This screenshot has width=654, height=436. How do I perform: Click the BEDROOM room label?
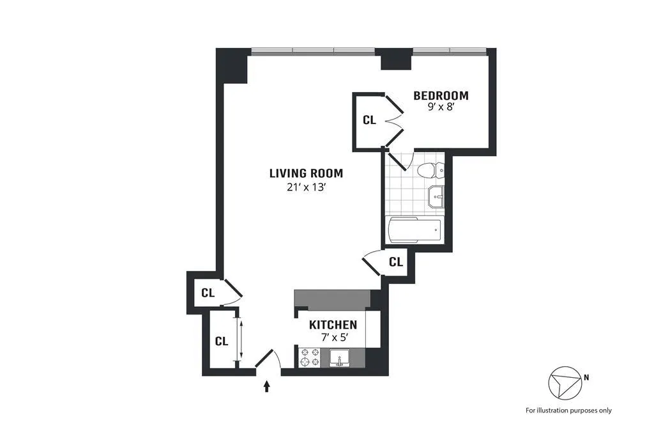[x=441, y=96]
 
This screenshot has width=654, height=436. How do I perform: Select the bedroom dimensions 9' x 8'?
[x=441, y=108]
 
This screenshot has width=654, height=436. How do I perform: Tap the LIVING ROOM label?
[x=306, y=173]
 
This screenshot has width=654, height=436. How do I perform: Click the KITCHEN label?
[x=333, y=325]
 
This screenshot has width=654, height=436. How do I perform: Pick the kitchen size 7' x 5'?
[x=333, y=337]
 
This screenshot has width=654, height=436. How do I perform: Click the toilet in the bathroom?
[x=434, y=171]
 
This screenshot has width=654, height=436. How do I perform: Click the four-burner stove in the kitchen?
[x=310, y=357]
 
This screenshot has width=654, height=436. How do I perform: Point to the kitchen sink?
[x=339, y=358]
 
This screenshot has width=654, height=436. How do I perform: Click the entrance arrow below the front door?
[x=267, y=385]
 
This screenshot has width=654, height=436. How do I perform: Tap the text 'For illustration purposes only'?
[x=568, y=410]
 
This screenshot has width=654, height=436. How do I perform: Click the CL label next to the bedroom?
[x=369, y=120]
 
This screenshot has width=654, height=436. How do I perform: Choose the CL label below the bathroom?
[x=396, y=261]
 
